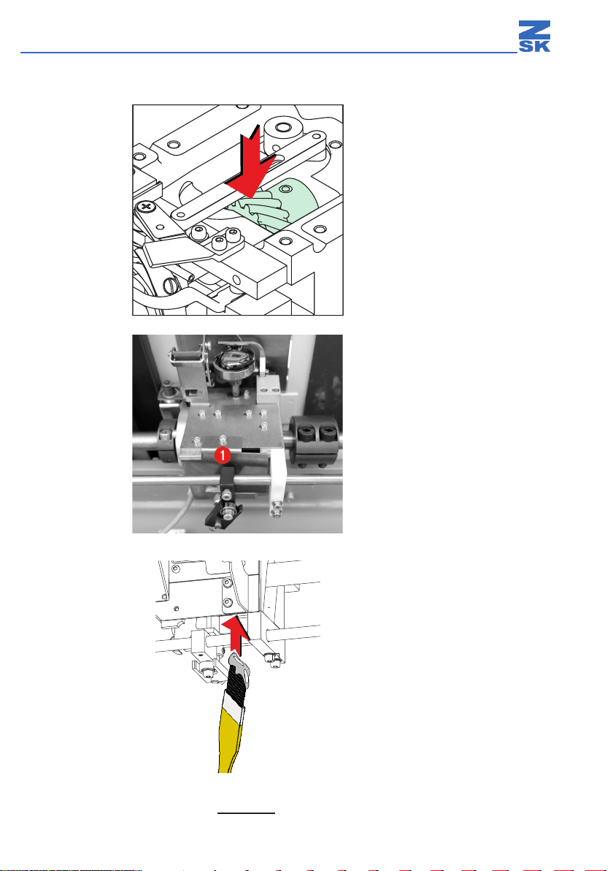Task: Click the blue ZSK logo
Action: [x=534, y=37]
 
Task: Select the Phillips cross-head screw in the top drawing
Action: [x=147, y=208]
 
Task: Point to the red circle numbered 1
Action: [x=223, y=455]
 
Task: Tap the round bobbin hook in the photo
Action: [x=234, y=363]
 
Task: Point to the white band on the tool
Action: [x=234, y=705]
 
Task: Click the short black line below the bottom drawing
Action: [x=247, y=813]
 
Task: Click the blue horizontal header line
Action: [x=269, y=53]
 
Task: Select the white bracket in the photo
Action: [x=279, y=483]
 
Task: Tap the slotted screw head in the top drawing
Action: [x=172, y=286]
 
